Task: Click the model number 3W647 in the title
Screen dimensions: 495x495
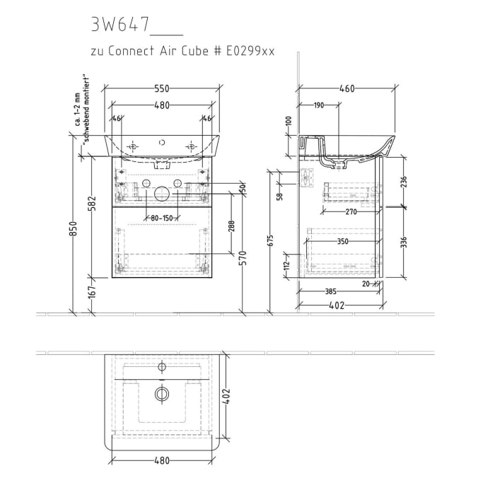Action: pyautogui.click(x=120, y=25)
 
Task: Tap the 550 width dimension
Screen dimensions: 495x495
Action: pyautogui.click(x=163, y=88)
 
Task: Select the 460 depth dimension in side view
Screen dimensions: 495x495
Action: pyautogui.click(x=346, y=88)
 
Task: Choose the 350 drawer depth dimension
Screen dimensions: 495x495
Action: pyautogui.click(x=343, y=241)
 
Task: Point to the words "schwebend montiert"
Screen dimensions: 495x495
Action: pyautogui.click(x=84, y=110)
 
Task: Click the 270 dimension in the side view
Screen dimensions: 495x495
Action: pyautogui.click(x=344, y=211)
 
